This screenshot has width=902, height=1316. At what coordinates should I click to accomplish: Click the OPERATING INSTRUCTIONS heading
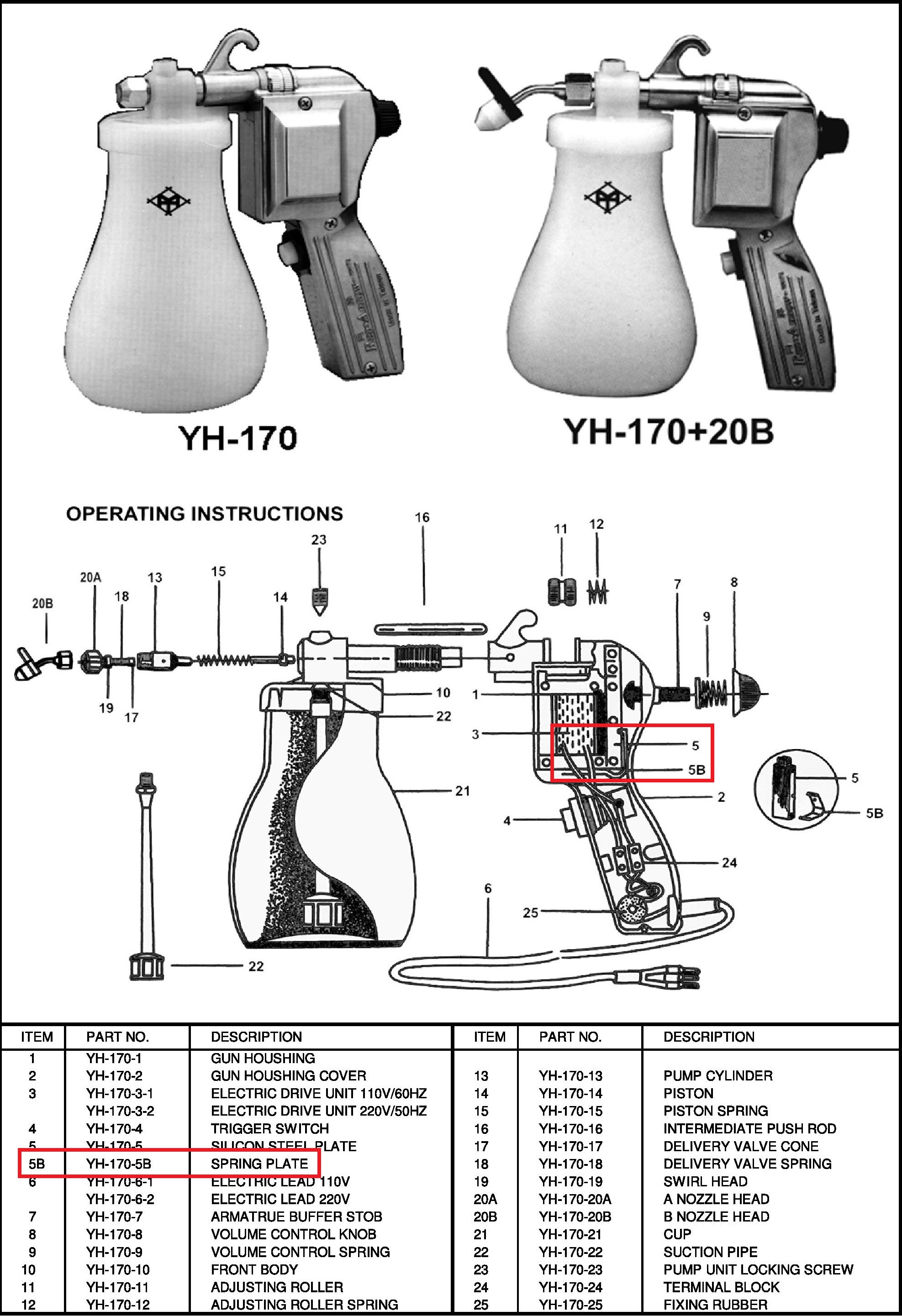click(205, 514)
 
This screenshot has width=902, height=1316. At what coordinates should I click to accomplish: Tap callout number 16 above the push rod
click(422, 517)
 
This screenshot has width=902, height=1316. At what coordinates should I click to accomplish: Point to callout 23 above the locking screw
click(319, 540)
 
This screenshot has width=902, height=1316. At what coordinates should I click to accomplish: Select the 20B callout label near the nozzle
click(42, 603)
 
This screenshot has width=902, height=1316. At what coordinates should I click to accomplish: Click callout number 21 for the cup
click(462, 791)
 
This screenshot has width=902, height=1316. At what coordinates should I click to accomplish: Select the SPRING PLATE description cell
click(259, 1163)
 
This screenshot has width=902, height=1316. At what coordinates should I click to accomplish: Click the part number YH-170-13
click(570, 1075)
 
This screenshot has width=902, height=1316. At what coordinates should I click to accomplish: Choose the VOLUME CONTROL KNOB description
click(294, 1234)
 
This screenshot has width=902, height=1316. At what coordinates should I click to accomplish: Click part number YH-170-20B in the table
click(575, 1216)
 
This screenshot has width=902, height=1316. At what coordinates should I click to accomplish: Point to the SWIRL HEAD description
click(706, 1181)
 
